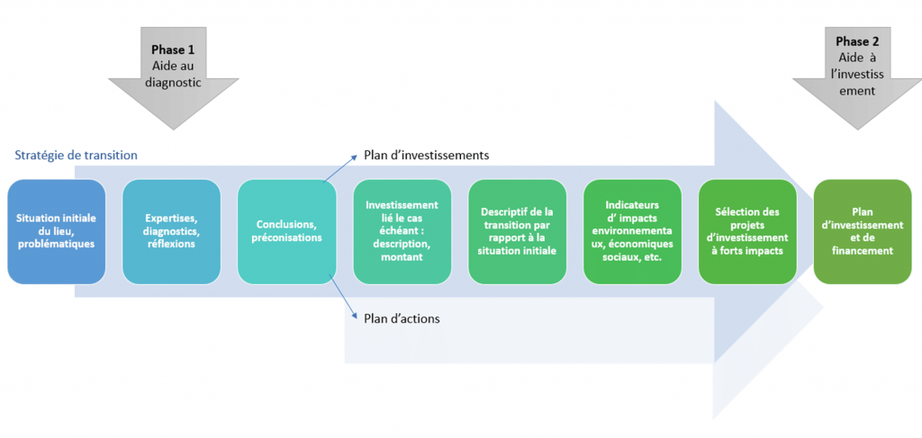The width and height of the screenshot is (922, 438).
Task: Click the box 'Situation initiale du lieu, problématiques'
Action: click(x=57, y=231)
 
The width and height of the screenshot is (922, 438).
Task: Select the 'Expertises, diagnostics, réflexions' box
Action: click(x=171, y=231)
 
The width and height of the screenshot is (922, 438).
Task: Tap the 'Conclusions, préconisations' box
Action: click(x=286, y=231)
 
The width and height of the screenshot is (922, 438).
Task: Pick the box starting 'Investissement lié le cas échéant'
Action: click(x=402, y=231)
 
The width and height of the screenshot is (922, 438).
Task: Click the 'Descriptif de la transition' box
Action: click(x=517, y=231)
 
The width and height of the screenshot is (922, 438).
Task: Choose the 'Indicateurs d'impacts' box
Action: click(x=632, y=231)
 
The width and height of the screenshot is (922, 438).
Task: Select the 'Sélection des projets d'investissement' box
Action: click(x=747, y=231)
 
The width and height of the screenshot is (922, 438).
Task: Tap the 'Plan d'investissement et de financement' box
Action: click(x=863, y=231)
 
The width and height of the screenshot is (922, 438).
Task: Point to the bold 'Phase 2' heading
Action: click(x=857, y=41)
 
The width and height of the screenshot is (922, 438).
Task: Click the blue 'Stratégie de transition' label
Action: click(x=76, y=155)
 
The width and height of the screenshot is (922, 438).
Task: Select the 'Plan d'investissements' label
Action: click(x=426, y=155)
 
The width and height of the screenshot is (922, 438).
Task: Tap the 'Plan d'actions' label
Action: click(x=401, y=317)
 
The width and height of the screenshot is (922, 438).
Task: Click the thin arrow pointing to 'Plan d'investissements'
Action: click(x=339, y=167)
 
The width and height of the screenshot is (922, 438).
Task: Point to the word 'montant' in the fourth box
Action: click(x=402, y=257)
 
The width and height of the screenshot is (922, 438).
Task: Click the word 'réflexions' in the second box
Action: click(x=171, y=244)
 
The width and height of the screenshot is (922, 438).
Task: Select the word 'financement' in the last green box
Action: click(x=863, y=251)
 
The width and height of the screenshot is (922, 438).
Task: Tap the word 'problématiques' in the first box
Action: click(x=57, y=244)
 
